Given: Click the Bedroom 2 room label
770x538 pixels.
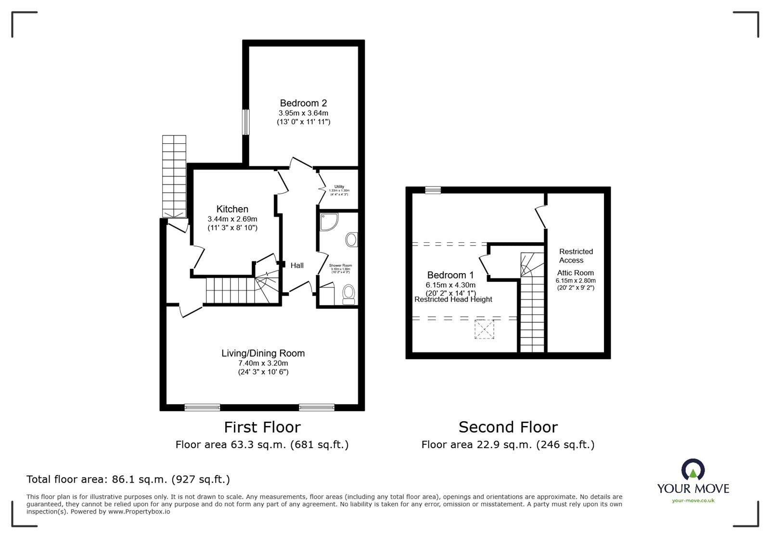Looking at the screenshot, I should click(x=303, y=103).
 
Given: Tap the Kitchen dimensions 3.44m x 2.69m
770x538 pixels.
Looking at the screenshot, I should click(x=232, y=219).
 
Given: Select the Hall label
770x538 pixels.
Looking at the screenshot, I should click(x=297, y=265).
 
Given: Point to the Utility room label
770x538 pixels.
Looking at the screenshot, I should click(x=339, y=187).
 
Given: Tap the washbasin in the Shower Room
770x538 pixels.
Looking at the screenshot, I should click(x=352, y=239).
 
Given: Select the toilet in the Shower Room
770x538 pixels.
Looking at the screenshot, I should click(x=348, y=293).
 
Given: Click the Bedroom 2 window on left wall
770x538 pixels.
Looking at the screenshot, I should click(x=246, y=122).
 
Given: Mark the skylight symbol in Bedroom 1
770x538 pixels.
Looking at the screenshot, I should click(x=484, y=329).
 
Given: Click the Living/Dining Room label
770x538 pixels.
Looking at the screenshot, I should click(x=263, y=353).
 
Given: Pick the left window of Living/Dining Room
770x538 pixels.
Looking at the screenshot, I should click(x=202, y=408).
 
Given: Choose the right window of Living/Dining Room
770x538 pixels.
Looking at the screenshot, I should click(x=317, y=408).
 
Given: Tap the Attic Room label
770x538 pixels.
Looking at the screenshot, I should click(x=576, y=273).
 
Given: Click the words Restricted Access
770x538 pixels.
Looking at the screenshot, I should click(x=576, y=256).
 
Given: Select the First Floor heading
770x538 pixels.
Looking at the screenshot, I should click(x=262, y=427).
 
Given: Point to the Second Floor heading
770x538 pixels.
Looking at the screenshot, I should click(x=508, y=427).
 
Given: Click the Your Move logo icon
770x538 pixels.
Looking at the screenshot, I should click(x=693, y=470).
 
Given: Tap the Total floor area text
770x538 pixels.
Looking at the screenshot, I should click(x=128, y=479).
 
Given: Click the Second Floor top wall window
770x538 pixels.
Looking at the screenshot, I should click(x=433, y=190).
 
